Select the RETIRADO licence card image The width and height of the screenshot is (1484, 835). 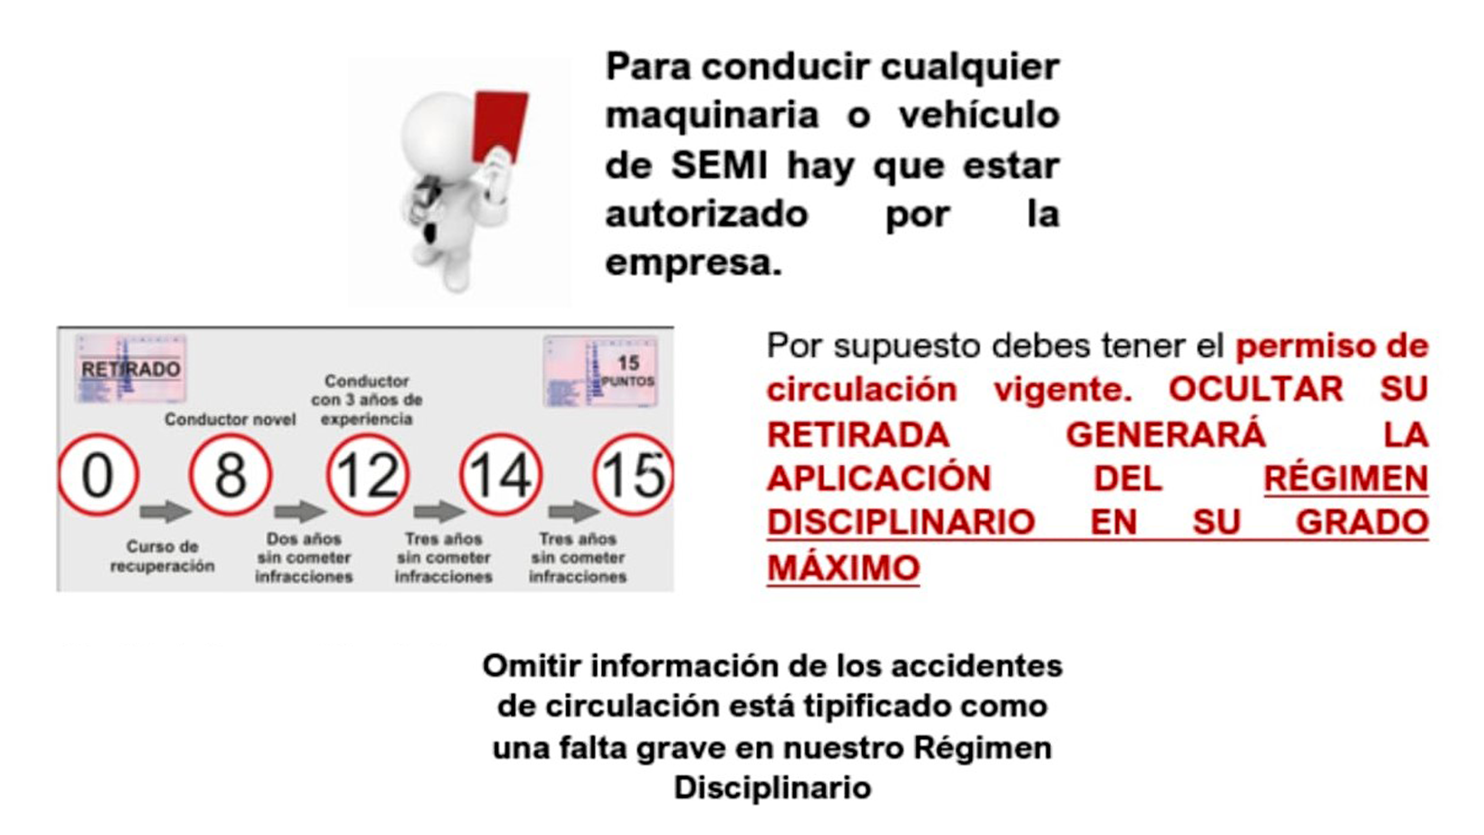[131, 369]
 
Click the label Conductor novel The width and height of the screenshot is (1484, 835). [230, 420]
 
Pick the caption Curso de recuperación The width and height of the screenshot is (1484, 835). [162, 556]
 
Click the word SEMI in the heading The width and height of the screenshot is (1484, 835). [719, 166]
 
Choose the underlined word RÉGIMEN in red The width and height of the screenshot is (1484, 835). [1346, 478]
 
